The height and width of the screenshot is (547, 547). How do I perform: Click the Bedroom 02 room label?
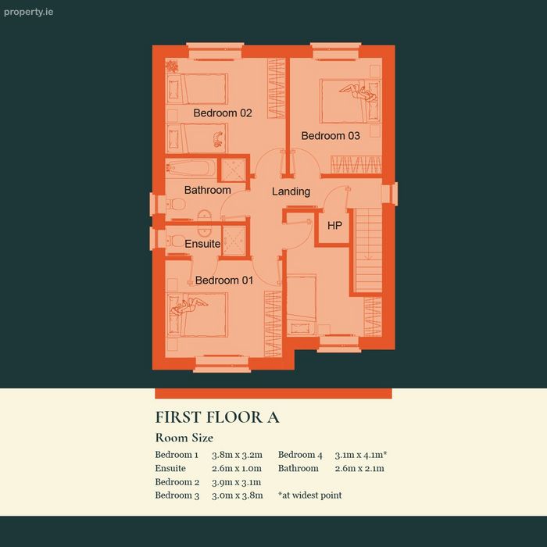pyautogui.click(x=223, y=113)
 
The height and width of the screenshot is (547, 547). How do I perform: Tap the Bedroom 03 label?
pyautogui.click(x=331, y=136)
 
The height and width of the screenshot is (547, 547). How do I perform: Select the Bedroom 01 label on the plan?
pyautogui.click(x=224, y=280)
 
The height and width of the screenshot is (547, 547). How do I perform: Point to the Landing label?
pyautogui.click(x=291, y=191)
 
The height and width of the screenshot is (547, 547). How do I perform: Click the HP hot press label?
pyautogui.click(x=334, y=226)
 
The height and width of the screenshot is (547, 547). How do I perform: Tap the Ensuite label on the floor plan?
pyautogui.click(x=202, y=244)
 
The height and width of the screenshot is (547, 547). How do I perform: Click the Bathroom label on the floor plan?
pyautogui.click(x=208, y=190)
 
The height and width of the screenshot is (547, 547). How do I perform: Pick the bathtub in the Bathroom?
pyautogui.click(x=191, y=168)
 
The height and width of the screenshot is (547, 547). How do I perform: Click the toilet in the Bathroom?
pyautogui.click(x=176, y=204)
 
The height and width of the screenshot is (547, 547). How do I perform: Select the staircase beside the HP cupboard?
pyautogui.click(x=369, y=250)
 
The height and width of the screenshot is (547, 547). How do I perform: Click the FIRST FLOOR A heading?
pyautogui.click(x=217, y=417)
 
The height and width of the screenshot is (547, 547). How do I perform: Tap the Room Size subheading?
pyautogui.click(x=184, y=438)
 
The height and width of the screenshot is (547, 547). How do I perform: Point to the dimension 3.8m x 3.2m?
pyautogui.click(x=237, y=455)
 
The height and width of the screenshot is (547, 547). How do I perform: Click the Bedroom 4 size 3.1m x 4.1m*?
pyautogui.click(x=361, y=455)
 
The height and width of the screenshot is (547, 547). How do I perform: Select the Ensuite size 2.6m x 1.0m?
pyautogui.click(x=237, y=469)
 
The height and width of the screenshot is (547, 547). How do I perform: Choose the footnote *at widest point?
pyautogui.click(x=309, y=495)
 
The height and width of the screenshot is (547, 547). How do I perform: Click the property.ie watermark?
pyautogui.click(x=29, y=13)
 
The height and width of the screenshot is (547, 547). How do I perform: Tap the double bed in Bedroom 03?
pyautogui.click(x=350, y=101)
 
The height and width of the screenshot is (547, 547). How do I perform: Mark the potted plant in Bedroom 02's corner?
pyautogui.click(x=172, y=66)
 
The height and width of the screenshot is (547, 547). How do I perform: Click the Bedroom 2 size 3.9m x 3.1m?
pyautogui.click(x=236, y=482)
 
